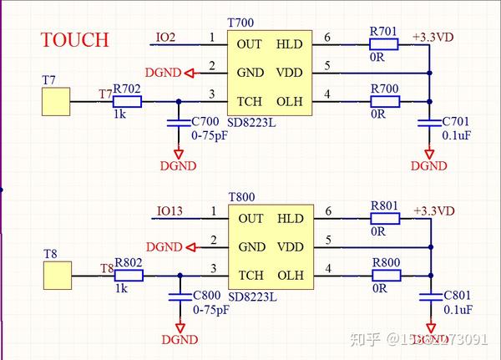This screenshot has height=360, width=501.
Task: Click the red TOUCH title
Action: point(75,39)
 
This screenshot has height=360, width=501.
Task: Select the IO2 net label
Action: point(165,38)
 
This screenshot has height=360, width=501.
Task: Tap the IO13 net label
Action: point(170,211)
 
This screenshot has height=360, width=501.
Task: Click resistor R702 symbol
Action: point(128,102)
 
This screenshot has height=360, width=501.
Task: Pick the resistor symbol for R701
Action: point(384,43)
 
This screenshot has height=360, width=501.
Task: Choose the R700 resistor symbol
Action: point(385,102)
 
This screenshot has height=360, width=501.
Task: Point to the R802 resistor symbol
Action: point(128,275)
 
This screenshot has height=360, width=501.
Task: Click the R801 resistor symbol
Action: point(385,218)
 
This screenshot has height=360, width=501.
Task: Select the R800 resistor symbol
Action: point(385,275)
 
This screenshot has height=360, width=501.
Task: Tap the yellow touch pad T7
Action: point(55,102)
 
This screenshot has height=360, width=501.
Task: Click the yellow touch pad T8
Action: point(55,275)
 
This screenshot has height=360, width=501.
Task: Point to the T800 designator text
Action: point(241,196)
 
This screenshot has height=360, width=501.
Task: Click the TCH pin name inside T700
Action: point(250,102)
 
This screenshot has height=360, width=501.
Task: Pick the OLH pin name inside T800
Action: point(290,275)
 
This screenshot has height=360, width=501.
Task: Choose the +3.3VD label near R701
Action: point(433,38)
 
